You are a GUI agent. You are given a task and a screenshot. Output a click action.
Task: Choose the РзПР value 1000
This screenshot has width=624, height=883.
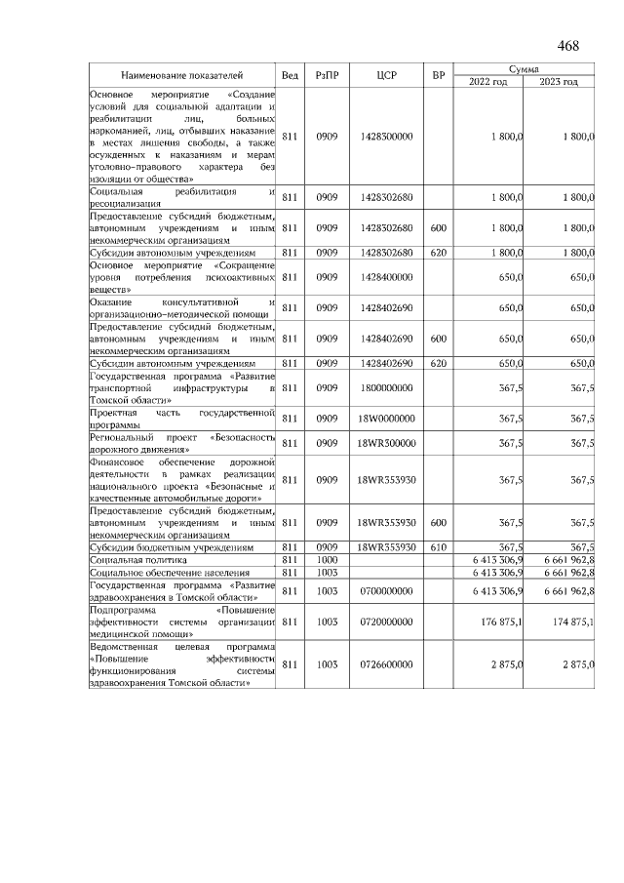326,560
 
